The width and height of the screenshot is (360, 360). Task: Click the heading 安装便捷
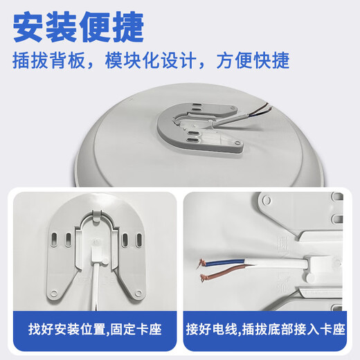[x=78, y=27]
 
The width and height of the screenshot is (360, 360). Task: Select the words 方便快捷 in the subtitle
[x=253, y=61]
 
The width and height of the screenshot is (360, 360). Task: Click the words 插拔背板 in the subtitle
[x=48, y=61]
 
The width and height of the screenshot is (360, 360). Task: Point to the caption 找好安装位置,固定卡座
[x=95, y=329]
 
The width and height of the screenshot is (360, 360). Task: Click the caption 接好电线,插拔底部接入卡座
[x=265, y=329]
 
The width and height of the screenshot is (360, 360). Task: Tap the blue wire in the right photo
[x=225, y=263]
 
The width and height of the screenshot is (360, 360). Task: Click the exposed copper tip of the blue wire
[x=201, y=263]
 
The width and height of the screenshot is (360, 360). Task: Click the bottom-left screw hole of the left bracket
[x=54, y=293]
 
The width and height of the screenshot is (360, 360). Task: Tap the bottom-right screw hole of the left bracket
[x=138, y=293]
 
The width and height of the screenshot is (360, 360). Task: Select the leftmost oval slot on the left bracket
[x=54, y=240]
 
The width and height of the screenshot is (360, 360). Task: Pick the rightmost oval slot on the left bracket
[x=139, y=240]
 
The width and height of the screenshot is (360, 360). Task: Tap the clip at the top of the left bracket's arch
[x=96, y=215]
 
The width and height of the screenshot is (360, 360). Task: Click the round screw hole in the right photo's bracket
[x=267, y=199]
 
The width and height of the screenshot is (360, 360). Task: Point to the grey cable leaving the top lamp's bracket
[x=240, y=116]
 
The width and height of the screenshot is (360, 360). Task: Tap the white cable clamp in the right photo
[x=321, y=265]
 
